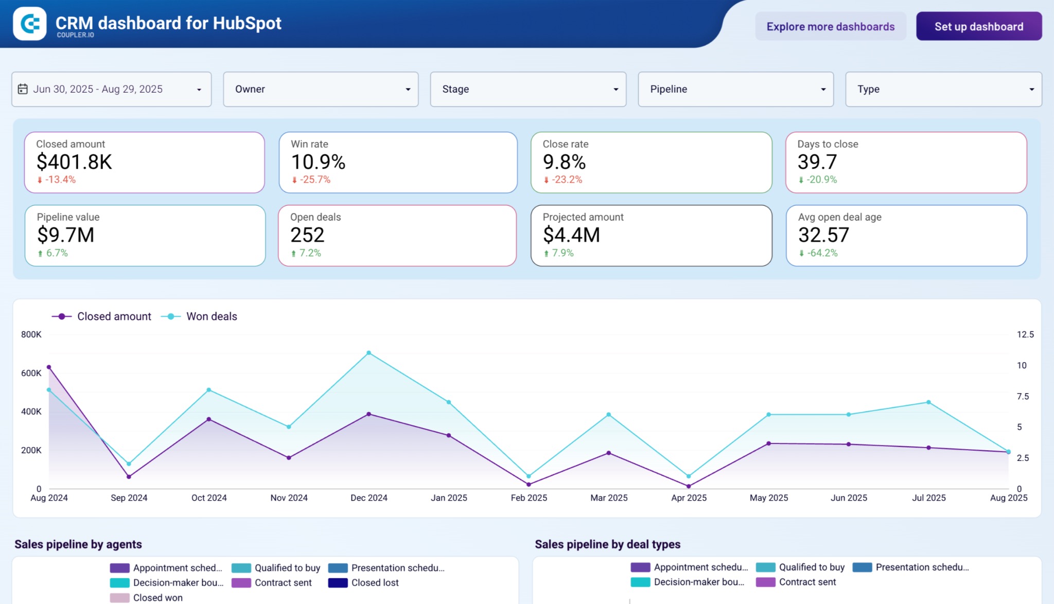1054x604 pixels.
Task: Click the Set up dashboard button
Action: pos(978,26)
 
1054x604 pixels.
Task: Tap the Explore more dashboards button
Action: pos(830,26)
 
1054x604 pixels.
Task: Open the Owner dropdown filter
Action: pos(321,89)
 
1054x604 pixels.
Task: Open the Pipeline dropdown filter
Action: pos(735,89)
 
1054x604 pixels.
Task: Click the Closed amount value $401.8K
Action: pos(74,162)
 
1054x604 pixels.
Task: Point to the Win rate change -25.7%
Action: pos(314,180)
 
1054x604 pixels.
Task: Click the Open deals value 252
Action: pos(307,235)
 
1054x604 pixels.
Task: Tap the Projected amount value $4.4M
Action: pos(571,235)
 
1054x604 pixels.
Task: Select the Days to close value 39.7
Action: pos(817,162)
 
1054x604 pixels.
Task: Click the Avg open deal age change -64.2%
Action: pos(821,253)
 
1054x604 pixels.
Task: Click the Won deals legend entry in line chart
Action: pos(211,316)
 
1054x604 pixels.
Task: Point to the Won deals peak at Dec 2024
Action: pos(368,353)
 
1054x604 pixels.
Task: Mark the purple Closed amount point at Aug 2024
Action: pos(49,367)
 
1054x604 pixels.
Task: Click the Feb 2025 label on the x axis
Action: pos(529,498)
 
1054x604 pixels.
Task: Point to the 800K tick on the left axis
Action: pos(31,334)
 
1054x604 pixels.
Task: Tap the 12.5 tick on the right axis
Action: pos(1025,334)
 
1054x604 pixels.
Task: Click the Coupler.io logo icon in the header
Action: pos(29,24)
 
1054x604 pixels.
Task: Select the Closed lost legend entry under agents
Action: pos(375,582)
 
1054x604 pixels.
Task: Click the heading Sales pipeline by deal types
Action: pos(607,544)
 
